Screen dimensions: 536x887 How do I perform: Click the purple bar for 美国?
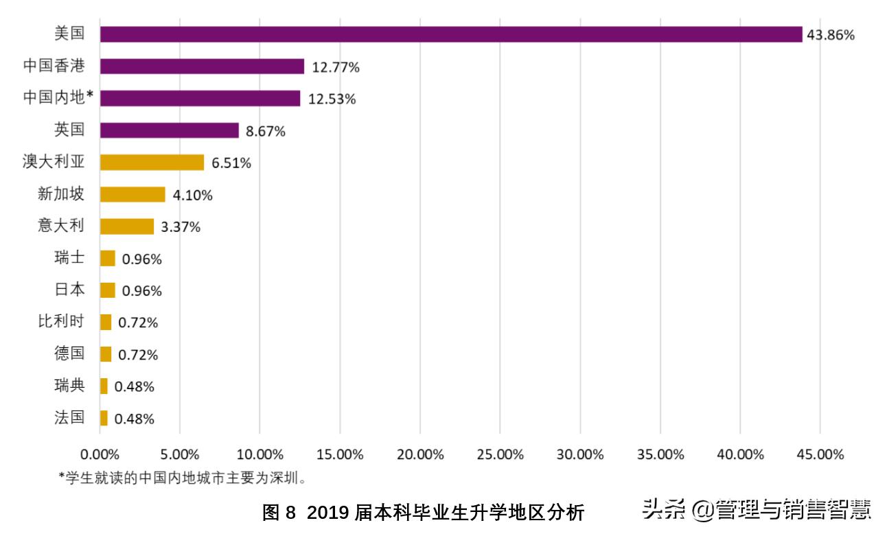450,34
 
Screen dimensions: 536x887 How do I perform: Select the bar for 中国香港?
202,67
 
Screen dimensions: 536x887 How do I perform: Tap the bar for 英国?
169,130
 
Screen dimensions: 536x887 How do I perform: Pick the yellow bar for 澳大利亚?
152,163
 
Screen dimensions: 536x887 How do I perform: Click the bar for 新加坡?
133,195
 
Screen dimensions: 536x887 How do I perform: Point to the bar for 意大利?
126,226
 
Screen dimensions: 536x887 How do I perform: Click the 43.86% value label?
831,35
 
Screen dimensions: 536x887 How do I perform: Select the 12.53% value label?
332,99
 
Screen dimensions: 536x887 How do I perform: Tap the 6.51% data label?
231,163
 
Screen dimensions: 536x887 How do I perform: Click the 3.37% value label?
181,227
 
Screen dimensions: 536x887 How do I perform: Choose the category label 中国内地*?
58,98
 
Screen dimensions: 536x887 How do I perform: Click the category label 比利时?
61,322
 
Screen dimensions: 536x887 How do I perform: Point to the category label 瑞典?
69,386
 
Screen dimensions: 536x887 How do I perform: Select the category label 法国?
69,417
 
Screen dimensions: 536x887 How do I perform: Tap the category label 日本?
69,290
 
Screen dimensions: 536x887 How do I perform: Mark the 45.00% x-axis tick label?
819,454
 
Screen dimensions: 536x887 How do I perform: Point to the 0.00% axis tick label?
100,454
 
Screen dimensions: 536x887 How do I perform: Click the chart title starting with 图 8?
423,512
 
